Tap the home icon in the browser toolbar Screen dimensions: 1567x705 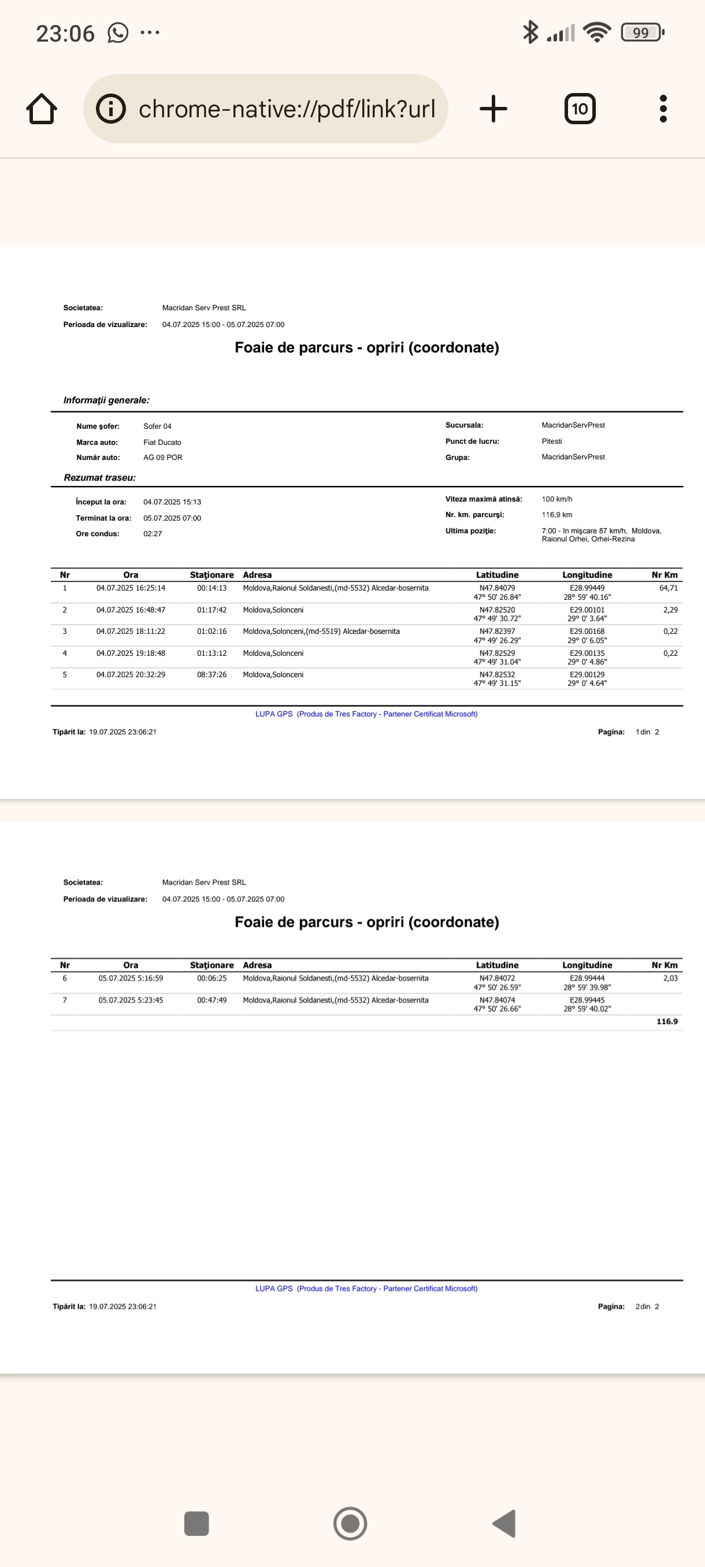coord(42,109)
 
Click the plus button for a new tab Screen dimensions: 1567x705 coord(493,109)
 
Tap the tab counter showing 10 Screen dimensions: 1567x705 coord(580,109)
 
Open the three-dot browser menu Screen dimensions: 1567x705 coord(663,109)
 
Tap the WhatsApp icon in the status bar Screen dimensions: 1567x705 coord(118,32)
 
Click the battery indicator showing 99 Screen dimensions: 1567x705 coord(642,32)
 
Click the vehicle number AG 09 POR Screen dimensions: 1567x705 coord(162,458)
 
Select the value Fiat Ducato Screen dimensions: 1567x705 coord(162,442)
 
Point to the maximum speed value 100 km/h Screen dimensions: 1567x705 coord(556,499)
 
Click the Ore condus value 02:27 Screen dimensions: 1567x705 coord(153,533)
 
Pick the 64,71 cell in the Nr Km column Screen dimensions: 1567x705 coord(668,588)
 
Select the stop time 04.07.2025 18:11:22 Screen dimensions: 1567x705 coord(131,632)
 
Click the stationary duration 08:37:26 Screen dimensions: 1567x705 coord(211,675)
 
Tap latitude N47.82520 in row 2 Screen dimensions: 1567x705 coord(497,610)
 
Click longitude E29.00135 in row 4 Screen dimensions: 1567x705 coord(587,653)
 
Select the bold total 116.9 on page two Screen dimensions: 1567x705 coord(667,1022)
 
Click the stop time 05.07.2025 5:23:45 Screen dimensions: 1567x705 coord(131,1000)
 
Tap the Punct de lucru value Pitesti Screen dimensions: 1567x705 coord(552,441)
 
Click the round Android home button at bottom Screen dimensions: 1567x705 coord(350,1524)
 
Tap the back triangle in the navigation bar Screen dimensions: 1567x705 coord(505,1524)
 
